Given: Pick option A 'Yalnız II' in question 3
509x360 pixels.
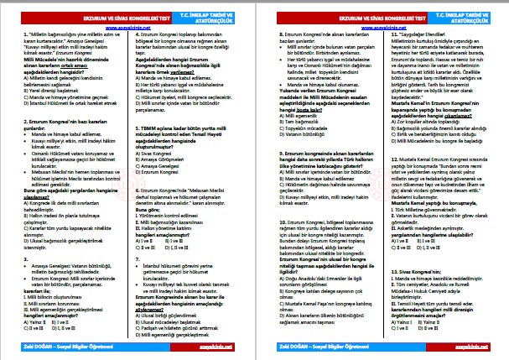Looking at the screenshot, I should (32, 321).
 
